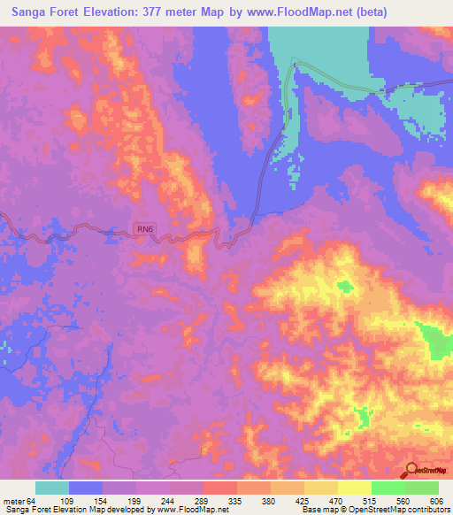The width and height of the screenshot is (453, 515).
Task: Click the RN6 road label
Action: (145, 230)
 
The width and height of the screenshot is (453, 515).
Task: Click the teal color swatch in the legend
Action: (52, 488)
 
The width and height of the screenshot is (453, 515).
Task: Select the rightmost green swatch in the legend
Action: (422, 488)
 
